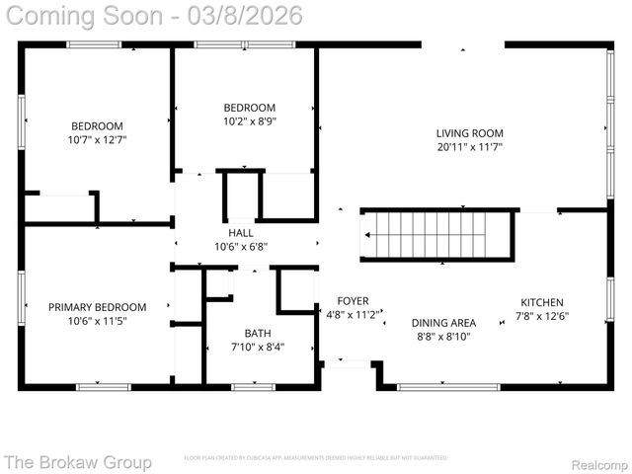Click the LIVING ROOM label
[x=470, y=133]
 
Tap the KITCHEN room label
[x=542, y=302]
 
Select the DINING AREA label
[x=443, y=322]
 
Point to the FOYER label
[x=353, y=301]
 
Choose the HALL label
[x=241, y=232]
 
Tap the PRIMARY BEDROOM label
[x=97, y=307]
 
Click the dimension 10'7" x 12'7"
[x=97, y=140]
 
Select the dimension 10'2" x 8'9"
[x=249, y=121]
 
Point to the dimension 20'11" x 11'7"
[x=470, y=147]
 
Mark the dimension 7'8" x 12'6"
[x=542, y=316]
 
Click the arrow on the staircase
[x=369, y=235]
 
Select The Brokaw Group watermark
[x=78, y=461]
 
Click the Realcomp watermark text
[x=598, y=462]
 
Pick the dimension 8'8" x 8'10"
[x=443, y=336]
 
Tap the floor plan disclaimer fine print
[x=316, y=458]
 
